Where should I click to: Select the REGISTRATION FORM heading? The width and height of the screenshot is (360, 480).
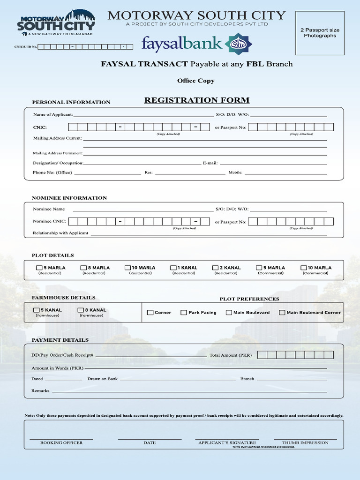pyautogui.click(x=196, y=100)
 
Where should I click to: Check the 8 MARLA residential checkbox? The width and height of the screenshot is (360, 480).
pyautogui.click(x=84, y=268)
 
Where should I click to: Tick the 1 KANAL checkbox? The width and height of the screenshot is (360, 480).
pyautogui.click(x=173, y=268)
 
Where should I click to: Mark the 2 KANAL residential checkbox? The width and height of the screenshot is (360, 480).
pyautogui.click(x=215, y=268)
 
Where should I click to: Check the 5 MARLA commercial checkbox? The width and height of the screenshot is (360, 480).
pyautogui.click(x=259, y=268)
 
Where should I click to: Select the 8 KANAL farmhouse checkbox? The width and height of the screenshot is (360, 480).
pyautogui.click(x=81, y=310)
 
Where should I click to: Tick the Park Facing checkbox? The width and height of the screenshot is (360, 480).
pyautogui.click(x=184, y=312)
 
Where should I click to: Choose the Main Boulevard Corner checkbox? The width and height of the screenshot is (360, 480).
pyautogui.click(x=282, y=312)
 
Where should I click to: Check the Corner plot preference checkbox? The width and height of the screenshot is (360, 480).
pyautogui.click(x=150, y=312)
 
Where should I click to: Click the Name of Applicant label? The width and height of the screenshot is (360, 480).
pyautogui.click(x=52, y=114)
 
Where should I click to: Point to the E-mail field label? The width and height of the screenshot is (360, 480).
pyautogui.click(x=210, y=163)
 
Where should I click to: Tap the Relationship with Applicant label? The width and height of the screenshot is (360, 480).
pyautogui.click(x=60, y=233)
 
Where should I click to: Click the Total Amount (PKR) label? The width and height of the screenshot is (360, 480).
pyautogui.click(x=231, y=355)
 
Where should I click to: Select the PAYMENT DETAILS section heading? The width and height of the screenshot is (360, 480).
pyautogui.click(x=60, y=340)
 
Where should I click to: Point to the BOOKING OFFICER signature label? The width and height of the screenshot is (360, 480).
pyautogui.click(x=61, y=442)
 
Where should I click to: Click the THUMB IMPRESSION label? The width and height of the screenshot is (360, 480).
pyautogui.click(x=305, y=442)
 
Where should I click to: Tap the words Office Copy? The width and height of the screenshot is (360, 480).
pyautogui.click(x=196, y=81)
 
